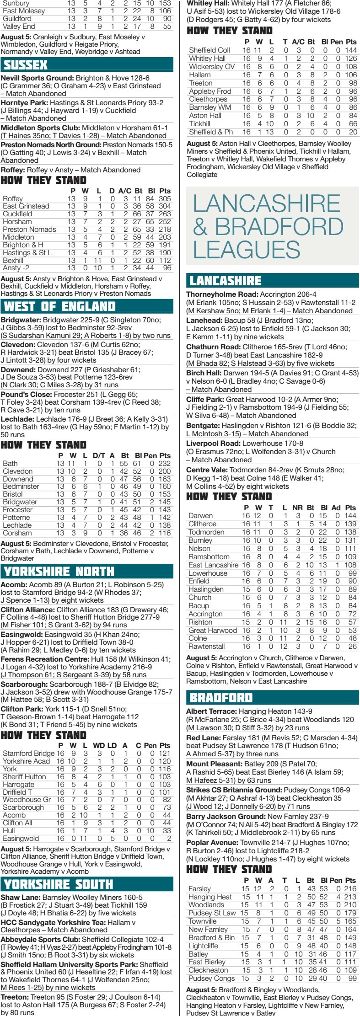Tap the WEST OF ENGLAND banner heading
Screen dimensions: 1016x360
[x=87, y=306]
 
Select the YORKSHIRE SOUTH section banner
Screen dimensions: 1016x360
[x=87, y=884]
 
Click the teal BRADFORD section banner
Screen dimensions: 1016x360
[x=273, y=698]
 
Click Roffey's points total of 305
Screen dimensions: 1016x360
[x=164, y=199]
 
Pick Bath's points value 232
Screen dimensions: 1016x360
[x=164, y=464]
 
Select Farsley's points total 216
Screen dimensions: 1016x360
[x=349, y=888]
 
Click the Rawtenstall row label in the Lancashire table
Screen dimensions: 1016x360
[x=206, y=647]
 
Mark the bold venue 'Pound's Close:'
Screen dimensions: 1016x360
[x=26, y=394]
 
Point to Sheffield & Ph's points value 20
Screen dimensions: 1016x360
[x=352, y=132]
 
